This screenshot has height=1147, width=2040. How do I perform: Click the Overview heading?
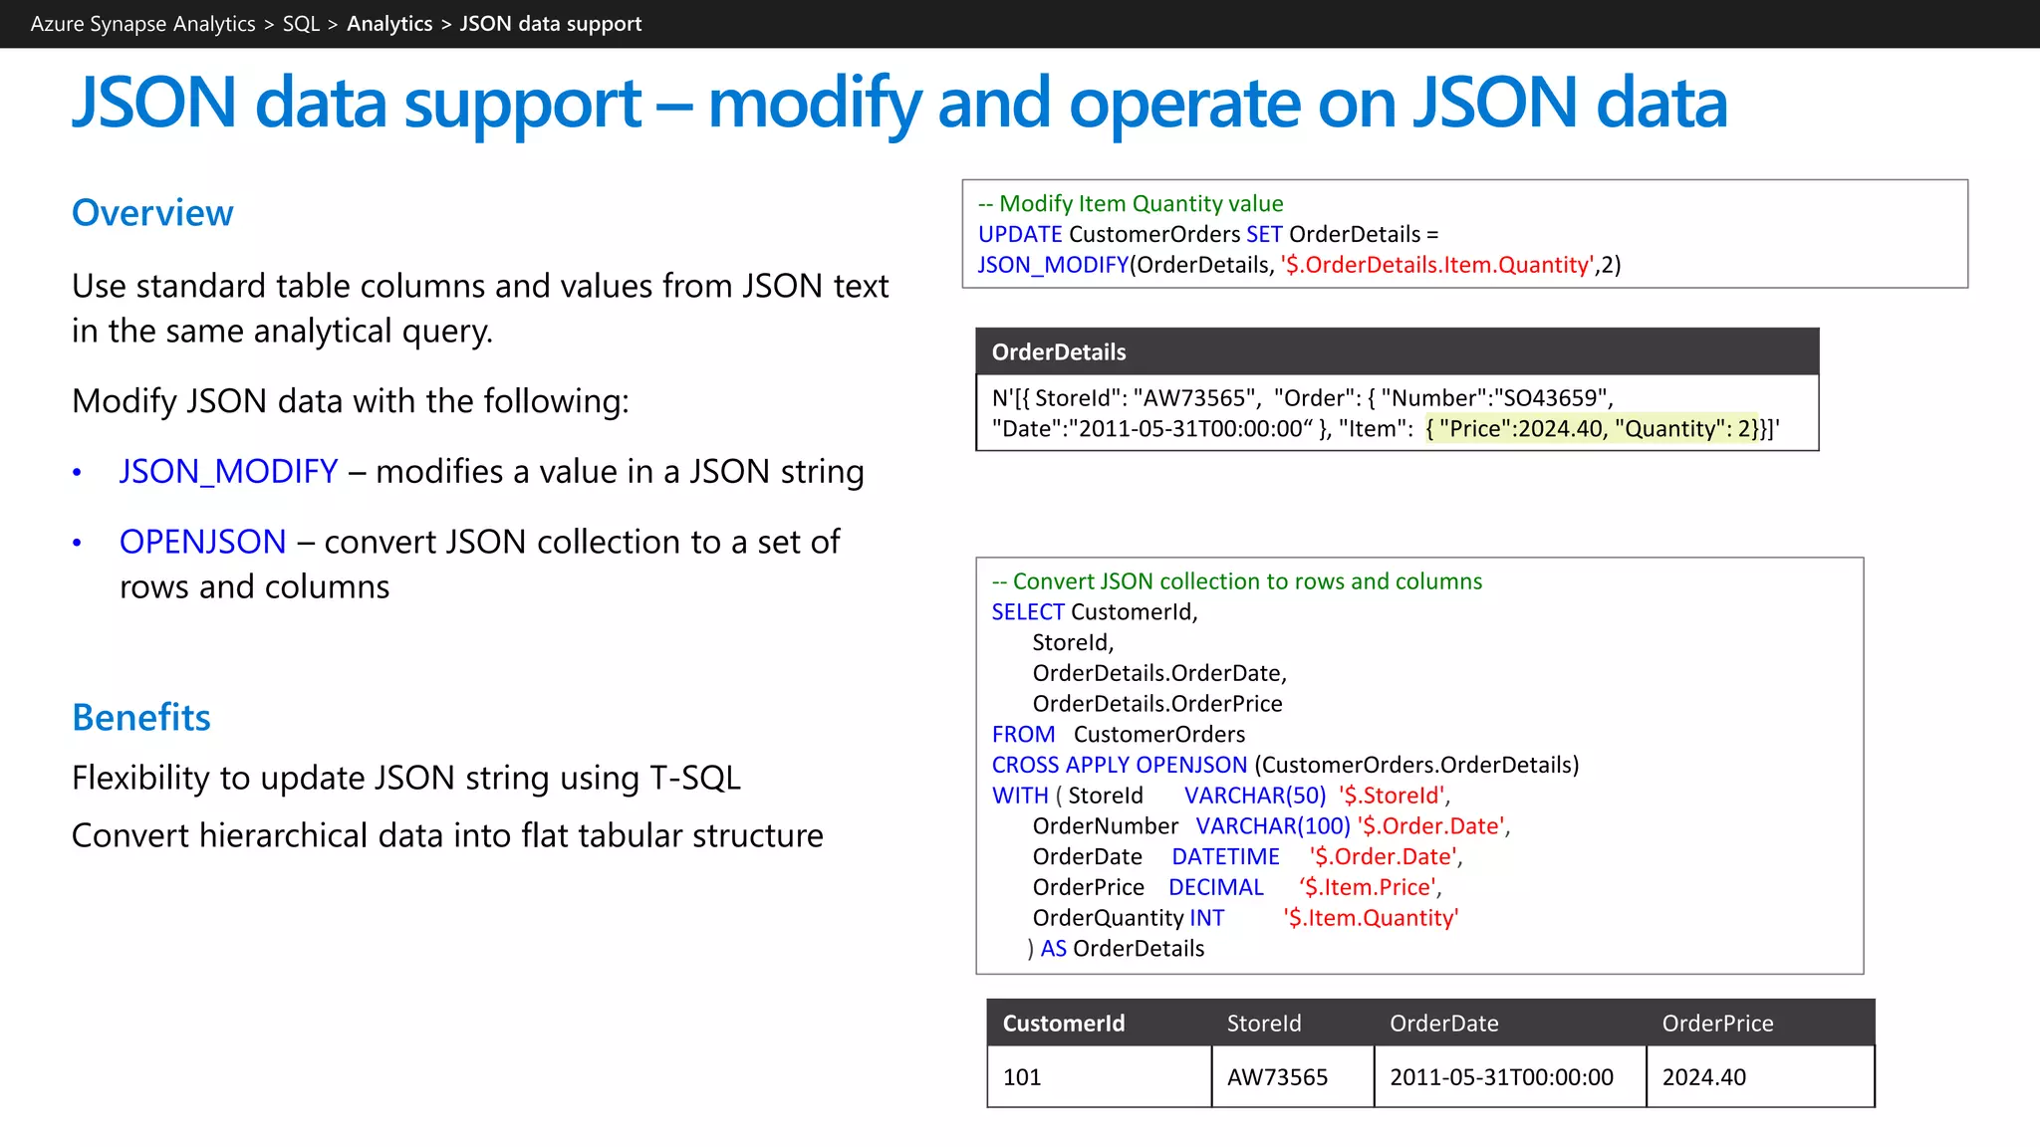pos(152,213)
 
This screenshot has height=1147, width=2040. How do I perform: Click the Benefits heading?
pos(141,718)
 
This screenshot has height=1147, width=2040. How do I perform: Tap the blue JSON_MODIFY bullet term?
pos(228,471)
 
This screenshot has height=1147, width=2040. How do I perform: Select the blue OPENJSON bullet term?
pos(202,542)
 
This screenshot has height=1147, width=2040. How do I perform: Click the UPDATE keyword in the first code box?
pos(1020,234)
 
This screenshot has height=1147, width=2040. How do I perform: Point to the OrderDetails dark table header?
pos(1058,352)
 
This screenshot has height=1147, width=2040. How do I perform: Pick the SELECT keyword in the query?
pos(1028,612)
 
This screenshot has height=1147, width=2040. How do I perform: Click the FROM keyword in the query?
pos(1023,735)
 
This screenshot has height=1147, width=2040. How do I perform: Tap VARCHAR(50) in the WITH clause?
pos(1255,796)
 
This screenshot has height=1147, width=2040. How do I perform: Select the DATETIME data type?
pos(1225,857)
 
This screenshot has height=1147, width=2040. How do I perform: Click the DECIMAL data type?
pos(1215,887)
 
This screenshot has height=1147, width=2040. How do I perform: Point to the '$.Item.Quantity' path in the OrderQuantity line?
pos(1371,918)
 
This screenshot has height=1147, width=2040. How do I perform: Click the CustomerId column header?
pos(1063,1024)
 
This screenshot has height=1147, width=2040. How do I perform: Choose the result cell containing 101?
pos(1022,1077)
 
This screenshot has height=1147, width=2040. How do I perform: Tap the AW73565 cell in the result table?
pos(1277,1077)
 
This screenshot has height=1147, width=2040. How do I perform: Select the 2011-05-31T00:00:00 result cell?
pos(1501,1077)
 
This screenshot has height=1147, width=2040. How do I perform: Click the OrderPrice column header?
pos(1717,1024)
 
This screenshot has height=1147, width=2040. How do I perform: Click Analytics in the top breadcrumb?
pos(389,24)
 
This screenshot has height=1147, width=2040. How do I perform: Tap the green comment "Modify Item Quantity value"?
pos(1141,204)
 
